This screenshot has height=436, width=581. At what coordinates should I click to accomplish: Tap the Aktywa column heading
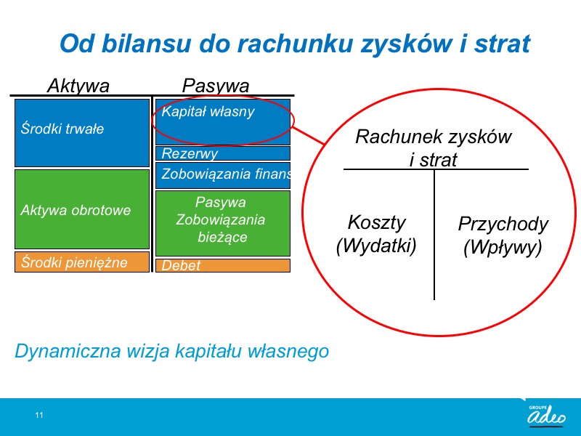point(78,86)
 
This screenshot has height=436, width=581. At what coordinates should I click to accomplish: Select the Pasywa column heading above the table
point(216,86)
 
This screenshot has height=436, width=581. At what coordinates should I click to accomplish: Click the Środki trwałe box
point(82,133)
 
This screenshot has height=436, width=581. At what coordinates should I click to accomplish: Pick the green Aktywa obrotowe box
point(82,209)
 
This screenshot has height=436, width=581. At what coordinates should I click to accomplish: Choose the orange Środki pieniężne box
point(82,262)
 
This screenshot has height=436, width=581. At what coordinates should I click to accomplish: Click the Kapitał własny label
point(208,112)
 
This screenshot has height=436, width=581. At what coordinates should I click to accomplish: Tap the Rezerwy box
point(223,153)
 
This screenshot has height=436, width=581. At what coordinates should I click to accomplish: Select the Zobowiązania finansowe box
point(223,175)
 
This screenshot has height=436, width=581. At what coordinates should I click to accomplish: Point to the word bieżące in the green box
point(222,237)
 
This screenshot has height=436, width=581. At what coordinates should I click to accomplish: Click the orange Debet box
point(223,265)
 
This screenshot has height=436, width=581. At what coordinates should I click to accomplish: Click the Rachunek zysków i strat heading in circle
point(434,148)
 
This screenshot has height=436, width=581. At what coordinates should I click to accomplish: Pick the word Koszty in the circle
point(376,222)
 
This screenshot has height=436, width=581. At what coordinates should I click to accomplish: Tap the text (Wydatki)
point(376,246)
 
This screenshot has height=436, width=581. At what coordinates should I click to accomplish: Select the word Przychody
point(503,225)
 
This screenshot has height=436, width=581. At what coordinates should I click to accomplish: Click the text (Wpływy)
point(503,247)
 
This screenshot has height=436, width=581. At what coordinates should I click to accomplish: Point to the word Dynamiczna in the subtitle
point(68,351)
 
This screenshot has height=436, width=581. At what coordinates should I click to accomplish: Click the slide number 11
point(39,415)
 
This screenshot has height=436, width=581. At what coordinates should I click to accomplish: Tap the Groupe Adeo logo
point(546,414)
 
